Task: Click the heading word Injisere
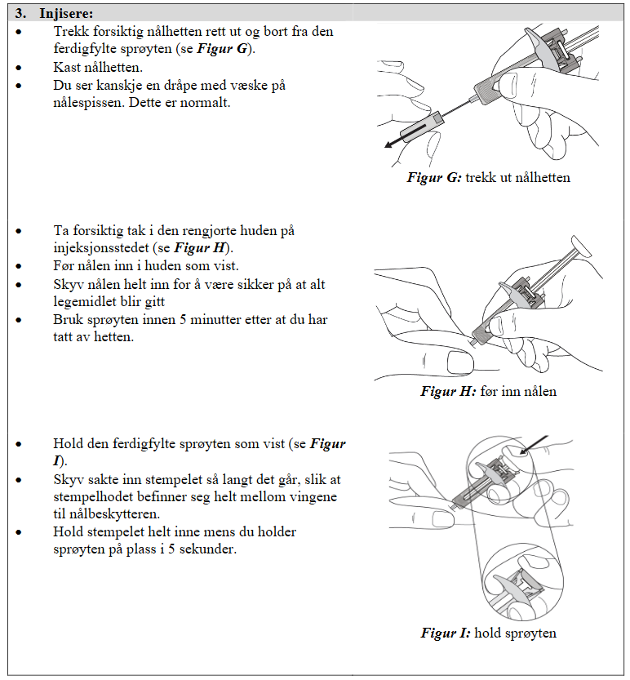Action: tap(66, 14)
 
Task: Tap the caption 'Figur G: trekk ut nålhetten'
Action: tap(488, 177)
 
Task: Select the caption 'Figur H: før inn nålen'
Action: tap(488, 391)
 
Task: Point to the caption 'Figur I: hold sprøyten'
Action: tap(488, 633)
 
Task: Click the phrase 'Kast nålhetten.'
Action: tap(97, 67)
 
